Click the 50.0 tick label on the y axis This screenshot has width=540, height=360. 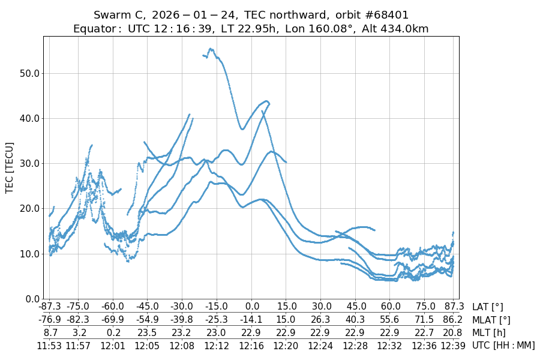click(28, 73)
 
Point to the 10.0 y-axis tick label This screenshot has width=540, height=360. click(28, 254)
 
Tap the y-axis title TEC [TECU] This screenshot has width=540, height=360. click(10, 167)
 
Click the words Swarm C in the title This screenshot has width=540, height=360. click(119, 15)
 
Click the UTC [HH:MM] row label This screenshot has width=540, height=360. click(503, 346)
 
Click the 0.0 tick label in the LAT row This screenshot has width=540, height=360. click(252, 307)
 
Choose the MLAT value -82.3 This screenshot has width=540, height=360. click(77, 320)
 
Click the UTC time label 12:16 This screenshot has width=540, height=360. click(252, 345)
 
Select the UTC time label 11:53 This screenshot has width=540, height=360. click(50, 345)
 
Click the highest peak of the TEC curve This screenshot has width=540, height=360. click(211, 49)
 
